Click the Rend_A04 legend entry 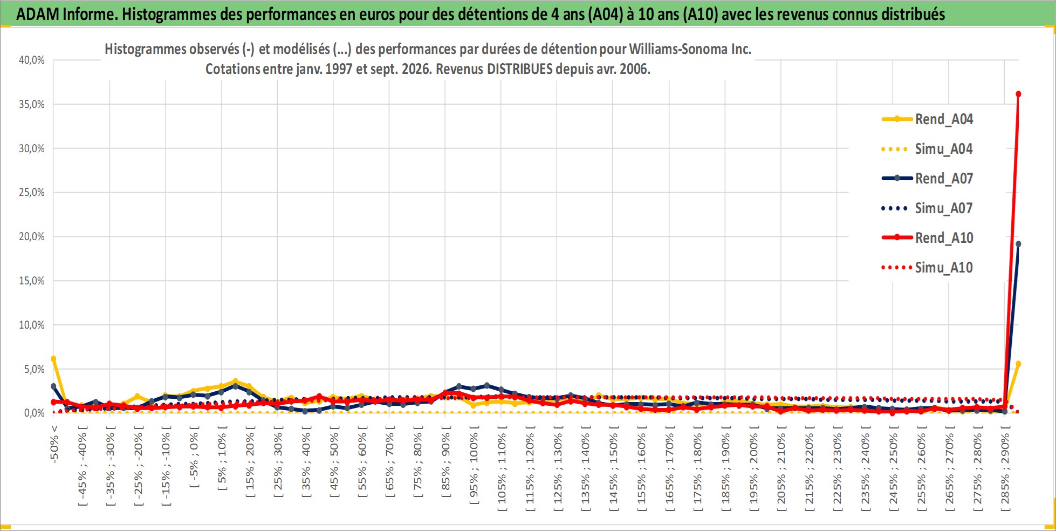coord(928,119)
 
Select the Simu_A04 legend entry coord(928,149)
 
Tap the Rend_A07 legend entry coord(928,179)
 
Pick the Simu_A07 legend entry coord(928,208)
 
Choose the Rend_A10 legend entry coord(928,238)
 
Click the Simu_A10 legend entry coord(928,268)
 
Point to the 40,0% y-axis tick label coord(32,60)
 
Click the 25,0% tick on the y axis coord(32,192)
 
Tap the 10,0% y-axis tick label coord(32,325)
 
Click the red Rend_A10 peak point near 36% coord(1018,94)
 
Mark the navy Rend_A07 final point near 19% coord(1018,244)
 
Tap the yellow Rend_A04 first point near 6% coord(53,358)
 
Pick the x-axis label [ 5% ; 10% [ coord(222,458)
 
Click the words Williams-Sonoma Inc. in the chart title coord(690,49)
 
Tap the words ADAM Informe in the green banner coord(67,14)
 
